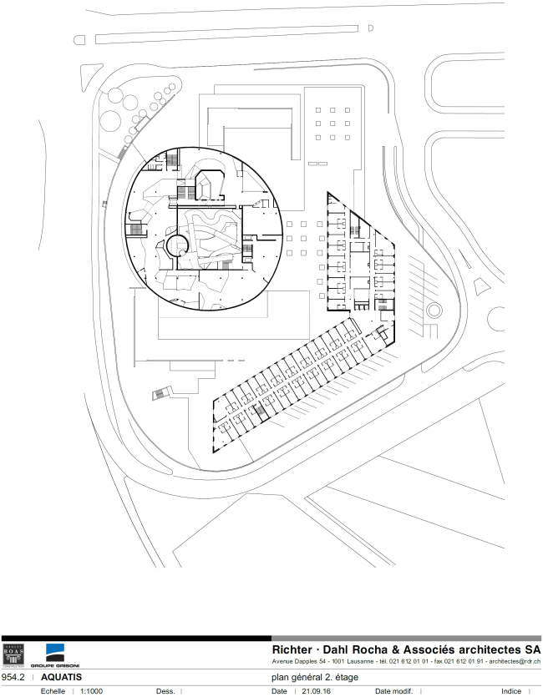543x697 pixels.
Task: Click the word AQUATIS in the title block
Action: pos(61,677)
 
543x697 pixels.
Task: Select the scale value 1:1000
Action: pos(91,691)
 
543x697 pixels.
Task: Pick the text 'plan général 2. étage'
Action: pos(316,677)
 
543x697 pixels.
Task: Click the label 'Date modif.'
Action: pos(393,691)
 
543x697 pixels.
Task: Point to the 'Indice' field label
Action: pos(511,691)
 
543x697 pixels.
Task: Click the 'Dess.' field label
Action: pos(165,691)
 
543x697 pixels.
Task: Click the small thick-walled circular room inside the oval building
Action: pos(176,245)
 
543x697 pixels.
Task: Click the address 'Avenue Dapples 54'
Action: pos(308,662)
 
